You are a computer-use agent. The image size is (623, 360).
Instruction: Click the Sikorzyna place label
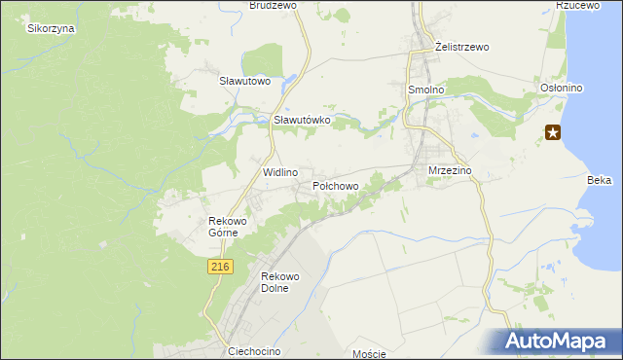coord(52,28)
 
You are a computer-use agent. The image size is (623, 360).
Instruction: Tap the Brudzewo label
coord(272,5)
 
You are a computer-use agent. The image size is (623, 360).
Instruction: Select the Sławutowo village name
coord(243,81)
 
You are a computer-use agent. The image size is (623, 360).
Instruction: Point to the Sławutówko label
coord(303,120)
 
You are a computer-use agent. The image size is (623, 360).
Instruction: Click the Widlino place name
coord(279,172)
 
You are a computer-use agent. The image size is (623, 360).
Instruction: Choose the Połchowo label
coord(336,185)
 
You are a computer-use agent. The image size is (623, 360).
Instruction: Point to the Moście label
coord(370,354)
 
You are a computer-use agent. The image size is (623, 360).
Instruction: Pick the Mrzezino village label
coord(450,170)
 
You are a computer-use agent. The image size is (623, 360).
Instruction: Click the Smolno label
coord(425,89)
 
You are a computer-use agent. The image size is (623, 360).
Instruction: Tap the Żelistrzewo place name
coord(462,47)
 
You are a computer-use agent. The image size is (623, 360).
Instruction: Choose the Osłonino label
coord(561,89)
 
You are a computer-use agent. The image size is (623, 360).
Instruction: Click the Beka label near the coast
coord(600,180)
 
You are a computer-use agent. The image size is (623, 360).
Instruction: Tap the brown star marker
coord(553,132)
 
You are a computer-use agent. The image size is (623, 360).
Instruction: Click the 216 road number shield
coord(220,267)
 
